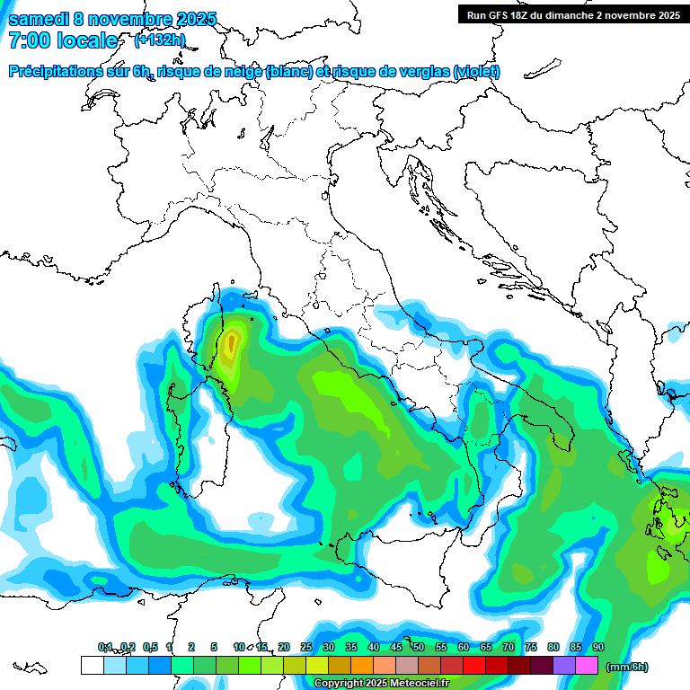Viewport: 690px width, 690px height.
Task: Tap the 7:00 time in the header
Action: tap(29, 40)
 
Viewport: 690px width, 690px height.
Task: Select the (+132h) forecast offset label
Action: tap(159, 40)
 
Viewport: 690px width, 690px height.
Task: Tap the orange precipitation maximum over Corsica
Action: tap(232, 342)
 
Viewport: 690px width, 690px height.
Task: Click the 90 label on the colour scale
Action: tap(597, 647)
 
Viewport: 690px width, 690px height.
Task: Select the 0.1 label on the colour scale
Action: tap(105, 647)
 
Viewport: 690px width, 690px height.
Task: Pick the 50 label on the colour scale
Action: tap(419, 647)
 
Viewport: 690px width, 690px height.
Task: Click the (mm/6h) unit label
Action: tap(626, 667)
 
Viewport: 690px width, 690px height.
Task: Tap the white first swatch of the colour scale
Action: tap(92, 666)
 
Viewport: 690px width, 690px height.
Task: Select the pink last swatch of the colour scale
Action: tap(587, 666)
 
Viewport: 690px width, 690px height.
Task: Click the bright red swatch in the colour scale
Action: tap(474, 666)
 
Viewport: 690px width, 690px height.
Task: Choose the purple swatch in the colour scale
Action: tap(564, 666)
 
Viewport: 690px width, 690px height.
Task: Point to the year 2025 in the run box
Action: tap(664, 14)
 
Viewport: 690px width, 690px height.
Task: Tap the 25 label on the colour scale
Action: tap(306, 647)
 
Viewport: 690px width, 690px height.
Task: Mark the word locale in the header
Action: tap(87, 40)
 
